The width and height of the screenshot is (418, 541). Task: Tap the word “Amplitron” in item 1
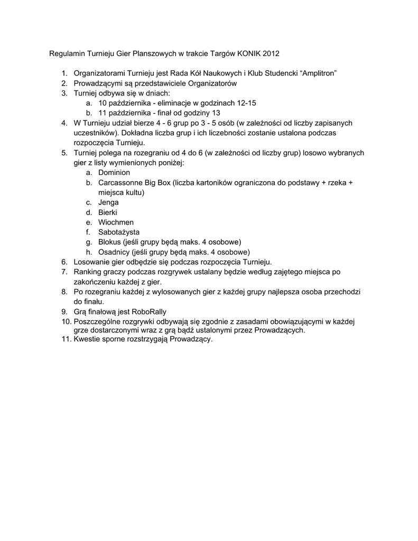click(x=319, y=73)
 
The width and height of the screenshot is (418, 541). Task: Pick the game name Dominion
click(x=114, y=173)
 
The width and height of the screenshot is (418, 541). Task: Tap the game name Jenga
click(x=108, y=202)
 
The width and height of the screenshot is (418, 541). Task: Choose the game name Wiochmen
click(x=116, y=222)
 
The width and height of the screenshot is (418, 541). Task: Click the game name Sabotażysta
click(x=119, y=232)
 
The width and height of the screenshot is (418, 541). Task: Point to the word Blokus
click(x=110, y=242)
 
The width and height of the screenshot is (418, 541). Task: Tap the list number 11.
click(x=66, y=339)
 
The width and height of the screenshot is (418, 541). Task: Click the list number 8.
click(x=64, y=292)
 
